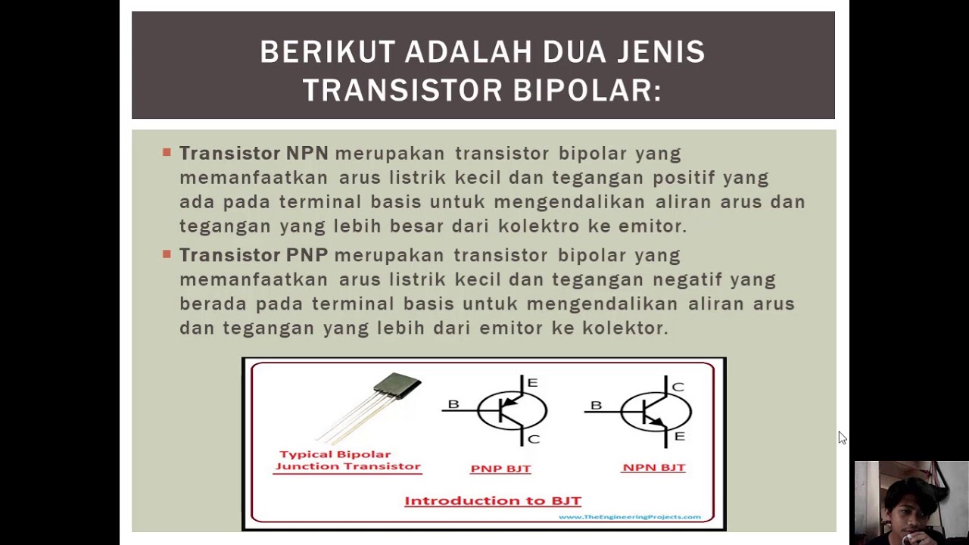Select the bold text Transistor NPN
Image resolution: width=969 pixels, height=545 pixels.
(254, 154)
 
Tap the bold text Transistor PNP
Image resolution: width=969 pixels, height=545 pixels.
(254, 255)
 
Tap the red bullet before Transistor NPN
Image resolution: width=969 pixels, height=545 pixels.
(167, 153)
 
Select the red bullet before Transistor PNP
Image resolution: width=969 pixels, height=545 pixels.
(167, 254)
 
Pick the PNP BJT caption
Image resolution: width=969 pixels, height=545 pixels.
(500, 469)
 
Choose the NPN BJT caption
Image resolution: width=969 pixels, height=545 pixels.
(653, 468)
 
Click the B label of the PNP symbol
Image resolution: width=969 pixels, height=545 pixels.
(453, 404)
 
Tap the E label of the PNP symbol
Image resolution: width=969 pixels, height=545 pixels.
(532, 383)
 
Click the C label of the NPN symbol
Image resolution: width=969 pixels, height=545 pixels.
(678, 387)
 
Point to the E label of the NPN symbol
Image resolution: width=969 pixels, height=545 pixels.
(679, 436)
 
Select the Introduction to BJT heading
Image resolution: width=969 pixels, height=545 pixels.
(493, 500)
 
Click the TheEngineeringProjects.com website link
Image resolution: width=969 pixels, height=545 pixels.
(629, 517)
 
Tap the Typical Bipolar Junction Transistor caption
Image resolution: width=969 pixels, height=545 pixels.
(348, 460)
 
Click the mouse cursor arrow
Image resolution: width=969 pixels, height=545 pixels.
(842, 437)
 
